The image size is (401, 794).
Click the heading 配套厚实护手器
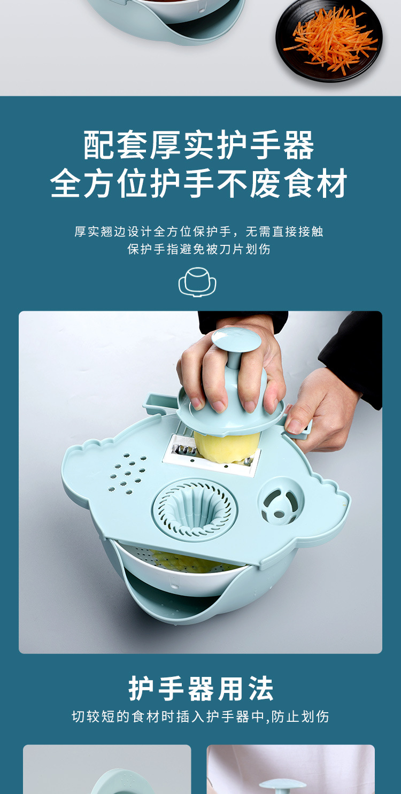click(x=199, y=145)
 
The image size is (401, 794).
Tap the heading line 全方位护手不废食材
click(x=199, y=183)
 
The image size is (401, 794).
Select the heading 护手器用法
click(x=200, y=688)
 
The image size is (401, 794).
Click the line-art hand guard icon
click(x=197, y=282)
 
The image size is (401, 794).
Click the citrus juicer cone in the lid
click(x=195, y=509)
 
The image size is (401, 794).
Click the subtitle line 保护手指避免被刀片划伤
click(x=199, y=249)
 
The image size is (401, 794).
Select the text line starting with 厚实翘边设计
click(x=199, y=232)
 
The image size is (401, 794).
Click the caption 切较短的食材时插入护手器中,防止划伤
click(x=200, y=716)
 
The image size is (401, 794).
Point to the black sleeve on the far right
click(x=354, y=358)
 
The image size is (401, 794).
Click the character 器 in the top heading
click(x=298, y=145)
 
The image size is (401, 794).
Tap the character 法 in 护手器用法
click(x=261, y=688)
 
